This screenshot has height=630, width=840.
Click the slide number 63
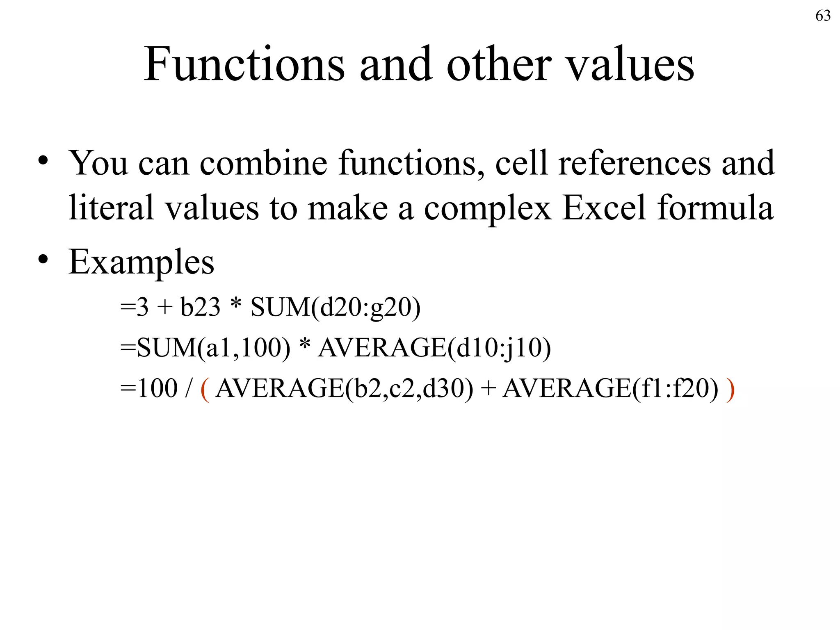(x=823, y=16)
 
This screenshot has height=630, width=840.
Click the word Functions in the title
(x=244, y=64)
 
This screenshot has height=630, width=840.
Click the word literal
(x=111, y=208)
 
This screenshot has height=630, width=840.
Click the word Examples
(x=141, y=262)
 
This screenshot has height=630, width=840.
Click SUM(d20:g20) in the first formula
(x=336, y=308)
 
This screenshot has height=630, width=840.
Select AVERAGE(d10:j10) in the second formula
(x=435, y=348)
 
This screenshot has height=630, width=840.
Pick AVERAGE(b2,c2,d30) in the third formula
(x=344, y=389)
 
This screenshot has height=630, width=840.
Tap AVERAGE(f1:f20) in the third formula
(x=610, y=389)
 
